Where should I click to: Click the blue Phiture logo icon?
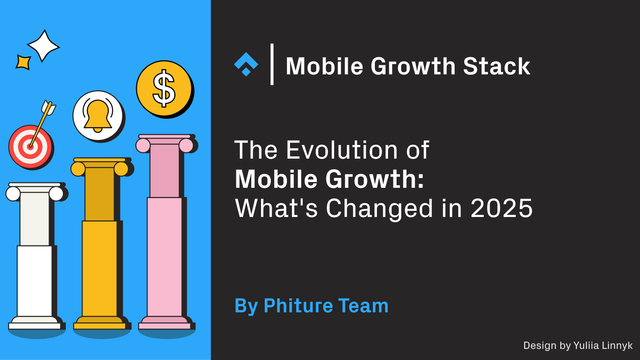click(x=246, y=64)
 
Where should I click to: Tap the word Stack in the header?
click(x=497, y=66)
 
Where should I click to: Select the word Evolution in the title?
click(x=342, y=150)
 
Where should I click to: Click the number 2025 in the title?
click(x=501, y=208)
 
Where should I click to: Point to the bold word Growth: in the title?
click(x=374, y=179)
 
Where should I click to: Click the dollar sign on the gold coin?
click(x=164, y=88)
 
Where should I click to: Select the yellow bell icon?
click(x=98, y=115)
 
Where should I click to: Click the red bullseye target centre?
click(x=30, y=146)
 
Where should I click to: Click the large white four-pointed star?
click(x=43, y=46)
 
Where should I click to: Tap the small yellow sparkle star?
click(x=23, y=62)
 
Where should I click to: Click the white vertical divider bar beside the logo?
click(x=272, y=64)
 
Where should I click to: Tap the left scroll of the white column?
click(x=13, y=194)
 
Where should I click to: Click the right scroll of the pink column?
click(x=186, y=145)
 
